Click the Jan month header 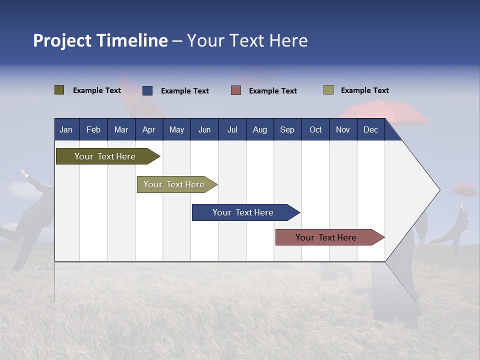click(x=66, y=129)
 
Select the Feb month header click(x=93, y=129)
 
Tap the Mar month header click(x=121, y=129)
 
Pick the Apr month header click(x=149, y=129)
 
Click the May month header click(x=176, y=129)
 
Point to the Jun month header click(x=204, y=129)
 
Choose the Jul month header click(x=232, y=129)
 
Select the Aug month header click(x=260, y=129)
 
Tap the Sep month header click(x=287, y=129)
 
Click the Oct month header click(x=315, y=129)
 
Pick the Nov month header click(x=343, y=129)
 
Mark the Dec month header click(x=371, y=129)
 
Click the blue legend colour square click(x=147, y=90)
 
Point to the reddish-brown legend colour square click(x=236, y=90)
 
